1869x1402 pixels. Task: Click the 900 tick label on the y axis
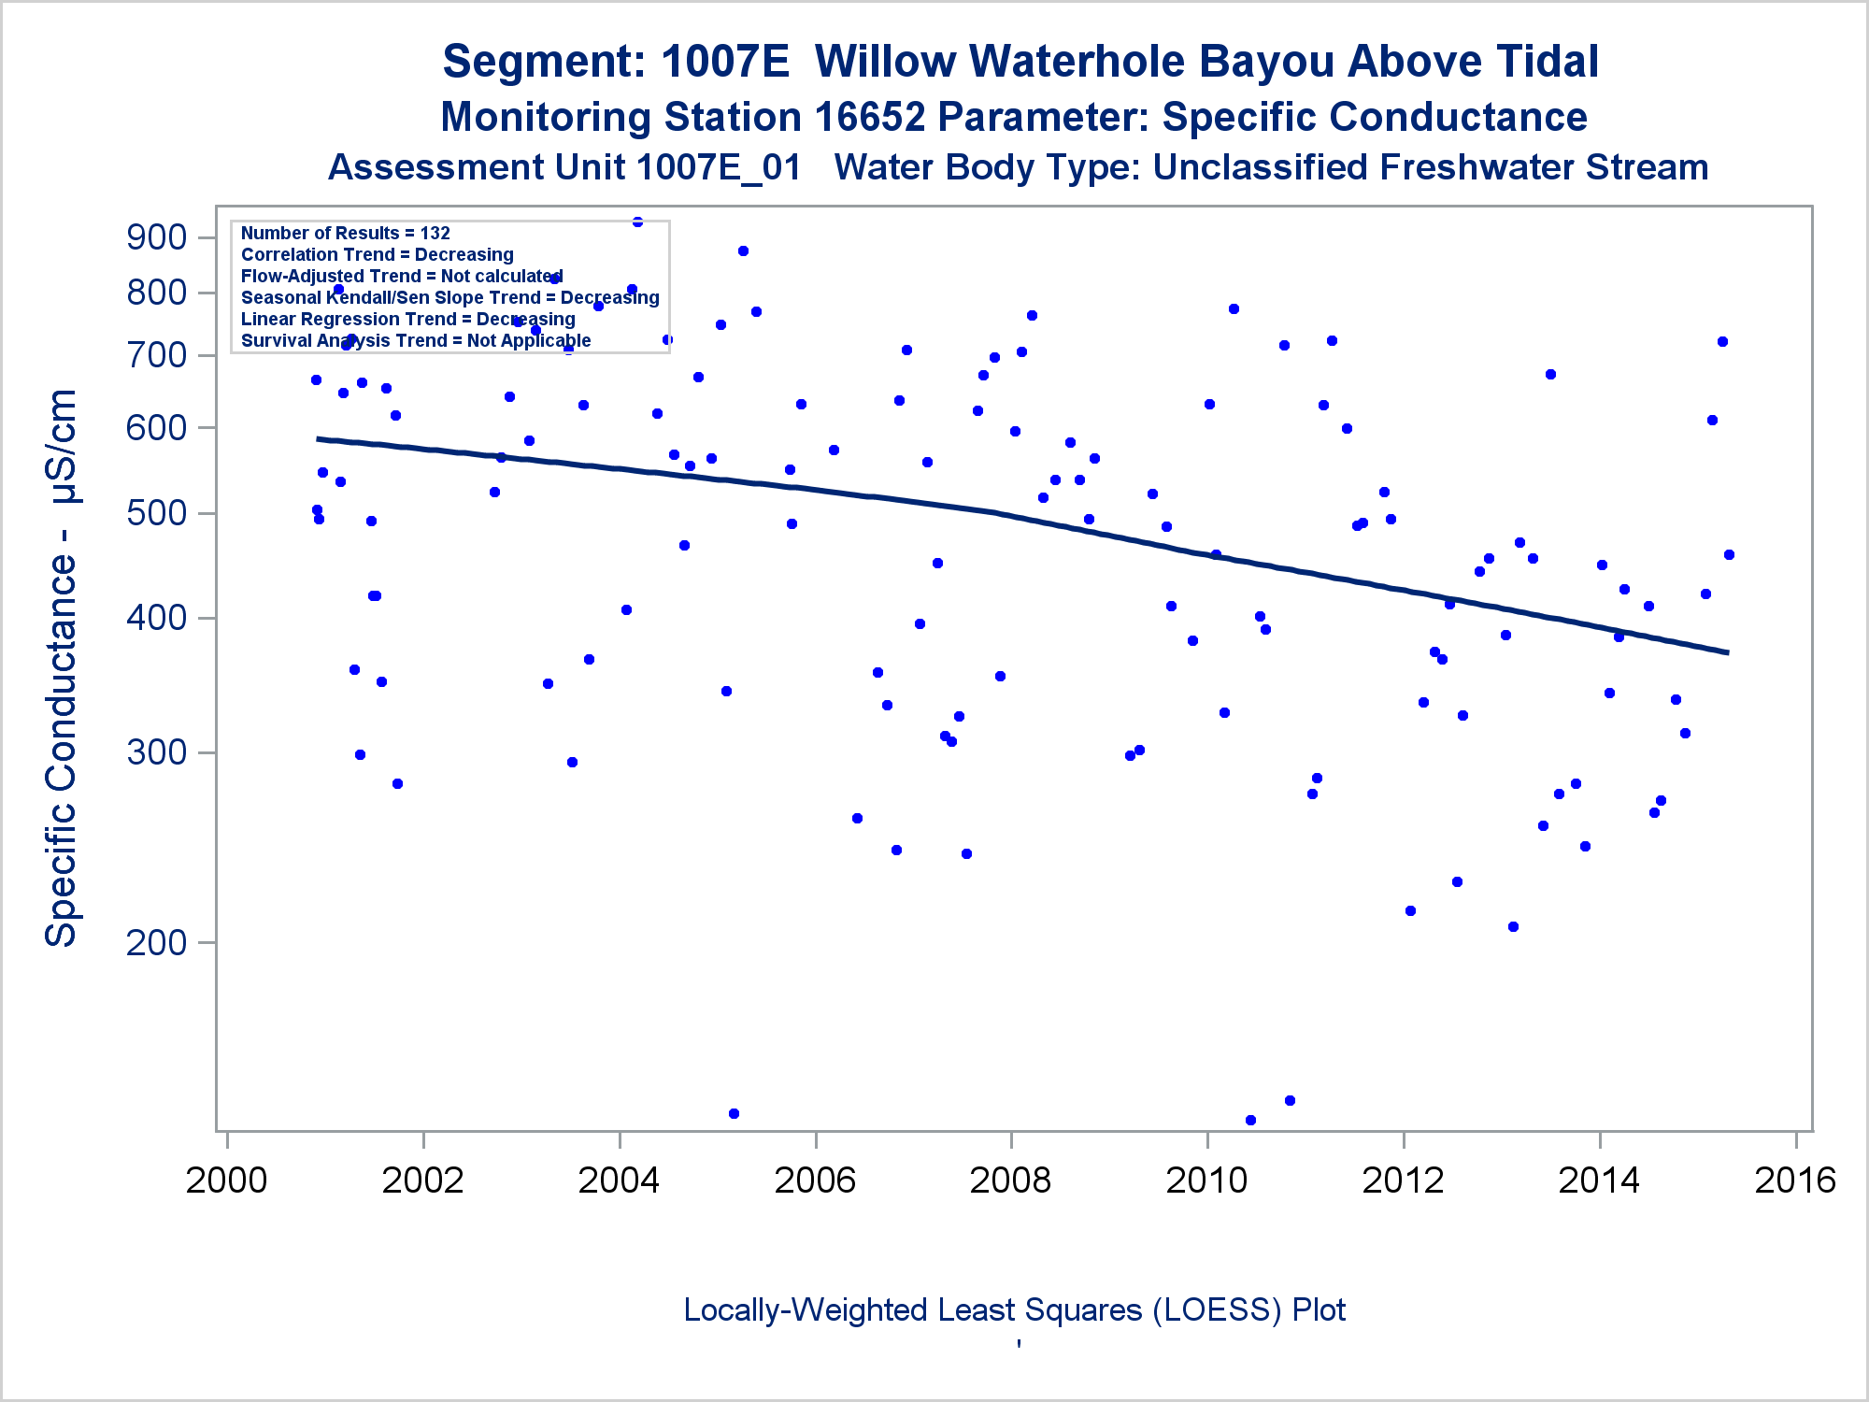click(x=156, y=237)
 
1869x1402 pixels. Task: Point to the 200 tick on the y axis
click(x=156, y=942)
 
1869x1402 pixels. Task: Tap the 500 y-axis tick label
click(x=156, y=513)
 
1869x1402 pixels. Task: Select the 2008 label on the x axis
click(x=1010, y=1180)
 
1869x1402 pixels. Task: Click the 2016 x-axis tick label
click(x=1795, y=1180)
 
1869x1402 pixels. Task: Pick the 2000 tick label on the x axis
click(x=226, y=1180)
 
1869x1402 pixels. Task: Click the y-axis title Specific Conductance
click(x=62, y=668)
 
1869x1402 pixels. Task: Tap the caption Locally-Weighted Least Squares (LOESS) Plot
click(x=1014, y=1310)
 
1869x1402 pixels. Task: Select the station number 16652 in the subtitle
click(x=870, y=118)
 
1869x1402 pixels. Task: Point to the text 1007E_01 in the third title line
click(x=719, y=168)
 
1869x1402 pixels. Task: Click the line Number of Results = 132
click(x=346, y=233)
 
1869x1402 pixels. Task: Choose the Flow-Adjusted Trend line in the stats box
click(x=402, y=276)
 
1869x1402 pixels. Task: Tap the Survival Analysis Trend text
click(x=416, y=340)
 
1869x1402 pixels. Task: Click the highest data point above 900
click(x=637, y=222)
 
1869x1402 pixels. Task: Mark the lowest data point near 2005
click(x=734, y=1113)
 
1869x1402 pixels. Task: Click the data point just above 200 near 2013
click(x=1513, y=926)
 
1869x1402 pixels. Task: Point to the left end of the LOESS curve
click(x=318, y=438)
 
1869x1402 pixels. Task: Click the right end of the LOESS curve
click(x=1728, y=652)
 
